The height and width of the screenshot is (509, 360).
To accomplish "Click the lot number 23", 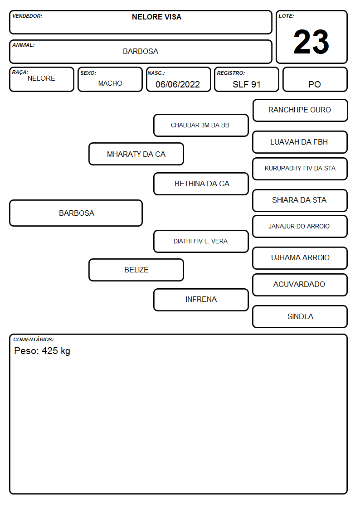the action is (311, 42).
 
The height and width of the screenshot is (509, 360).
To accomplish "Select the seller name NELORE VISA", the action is (156, 17).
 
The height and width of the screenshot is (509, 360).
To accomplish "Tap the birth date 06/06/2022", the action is (178, 84).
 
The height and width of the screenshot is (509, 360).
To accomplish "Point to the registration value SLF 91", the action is (246, 84).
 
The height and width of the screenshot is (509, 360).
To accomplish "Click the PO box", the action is (315, 79).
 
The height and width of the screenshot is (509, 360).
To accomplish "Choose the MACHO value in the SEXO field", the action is (110, 83).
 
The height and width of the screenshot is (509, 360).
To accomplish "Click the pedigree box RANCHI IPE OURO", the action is (300, 111).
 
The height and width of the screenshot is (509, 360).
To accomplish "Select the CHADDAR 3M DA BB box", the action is (201, 125).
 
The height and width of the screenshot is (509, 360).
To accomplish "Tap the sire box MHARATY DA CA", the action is (136, 154).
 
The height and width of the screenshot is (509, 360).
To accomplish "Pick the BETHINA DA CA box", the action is (201, 184).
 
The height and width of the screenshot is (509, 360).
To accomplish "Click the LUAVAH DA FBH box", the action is (300, 142).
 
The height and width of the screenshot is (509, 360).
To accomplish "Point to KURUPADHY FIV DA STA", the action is (300, 169).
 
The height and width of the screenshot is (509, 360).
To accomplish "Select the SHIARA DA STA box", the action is (300, 200).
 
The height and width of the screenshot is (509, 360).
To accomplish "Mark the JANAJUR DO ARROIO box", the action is (300, 226).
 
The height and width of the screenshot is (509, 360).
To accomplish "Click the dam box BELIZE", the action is (136, 270).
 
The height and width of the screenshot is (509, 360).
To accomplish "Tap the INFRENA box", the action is (201, 300).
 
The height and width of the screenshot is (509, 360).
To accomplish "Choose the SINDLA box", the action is (300, 316).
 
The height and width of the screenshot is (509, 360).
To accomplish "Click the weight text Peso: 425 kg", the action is (42, 351).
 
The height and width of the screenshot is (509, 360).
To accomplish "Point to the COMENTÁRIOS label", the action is (34, 339).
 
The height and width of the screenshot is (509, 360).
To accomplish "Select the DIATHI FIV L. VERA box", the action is (201, 241).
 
